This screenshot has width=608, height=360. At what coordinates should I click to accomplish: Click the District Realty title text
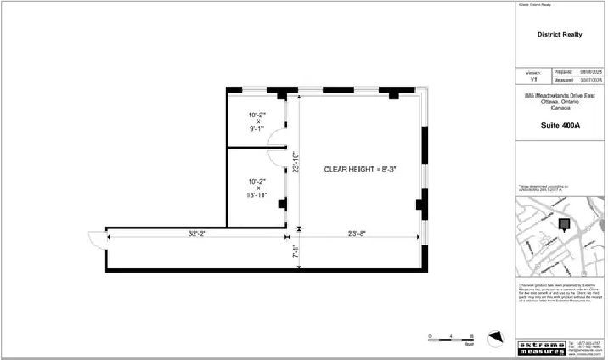[x=559, y=35]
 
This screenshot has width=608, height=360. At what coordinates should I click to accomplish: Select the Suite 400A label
[x=560, y=126]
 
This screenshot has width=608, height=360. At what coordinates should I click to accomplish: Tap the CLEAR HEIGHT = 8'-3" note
[x=361, y=169]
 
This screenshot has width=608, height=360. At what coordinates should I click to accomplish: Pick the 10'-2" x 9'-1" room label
[x=257, y=121]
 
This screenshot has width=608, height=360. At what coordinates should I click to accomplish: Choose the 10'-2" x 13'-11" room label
[x=257, y=188]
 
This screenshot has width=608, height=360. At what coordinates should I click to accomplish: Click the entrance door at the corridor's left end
[x=97, y=239]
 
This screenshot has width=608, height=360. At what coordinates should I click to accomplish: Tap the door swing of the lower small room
[x=278, y=155]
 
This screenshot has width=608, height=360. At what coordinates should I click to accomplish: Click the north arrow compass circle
[x=494, y=339]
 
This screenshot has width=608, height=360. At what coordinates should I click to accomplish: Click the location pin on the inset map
[x=561, y=224]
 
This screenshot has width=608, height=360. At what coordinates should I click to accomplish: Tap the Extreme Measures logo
[x=541, y=346]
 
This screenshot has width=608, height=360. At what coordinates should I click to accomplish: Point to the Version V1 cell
[x=534, y=76]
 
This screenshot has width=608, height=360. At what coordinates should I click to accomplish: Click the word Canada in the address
[x=560, y=108]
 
